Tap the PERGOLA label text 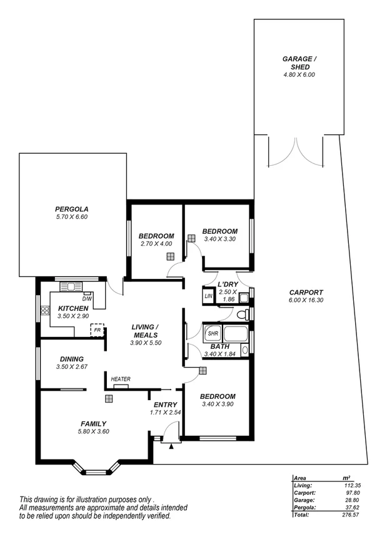pos(71,209)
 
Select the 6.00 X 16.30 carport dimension pos(306,301)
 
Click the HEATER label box pos(121,380)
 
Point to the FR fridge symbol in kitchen pos(97,330)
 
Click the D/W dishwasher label pos(87,299)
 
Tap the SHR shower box pos(212,333)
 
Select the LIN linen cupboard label pos(209,296)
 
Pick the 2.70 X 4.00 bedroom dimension pos(156,244)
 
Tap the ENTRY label pos(165,405)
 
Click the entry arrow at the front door pos(171,446)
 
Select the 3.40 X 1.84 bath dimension pos(219,355)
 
